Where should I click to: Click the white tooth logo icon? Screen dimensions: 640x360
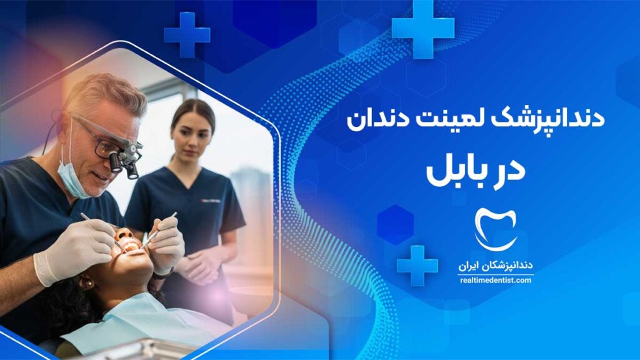click(496, 229)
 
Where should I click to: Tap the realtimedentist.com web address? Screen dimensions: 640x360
click(496, 281)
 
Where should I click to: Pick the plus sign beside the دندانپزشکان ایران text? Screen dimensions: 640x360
click(417, 265)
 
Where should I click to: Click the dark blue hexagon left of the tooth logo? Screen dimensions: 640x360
click(395, 225)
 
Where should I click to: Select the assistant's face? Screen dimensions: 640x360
click(191, 138)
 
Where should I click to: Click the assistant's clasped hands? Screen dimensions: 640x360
click(201, 264)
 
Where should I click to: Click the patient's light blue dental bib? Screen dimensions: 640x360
click(139, 322)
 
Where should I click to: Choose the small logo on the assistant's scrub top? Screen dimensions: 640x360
click(211, 201)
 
